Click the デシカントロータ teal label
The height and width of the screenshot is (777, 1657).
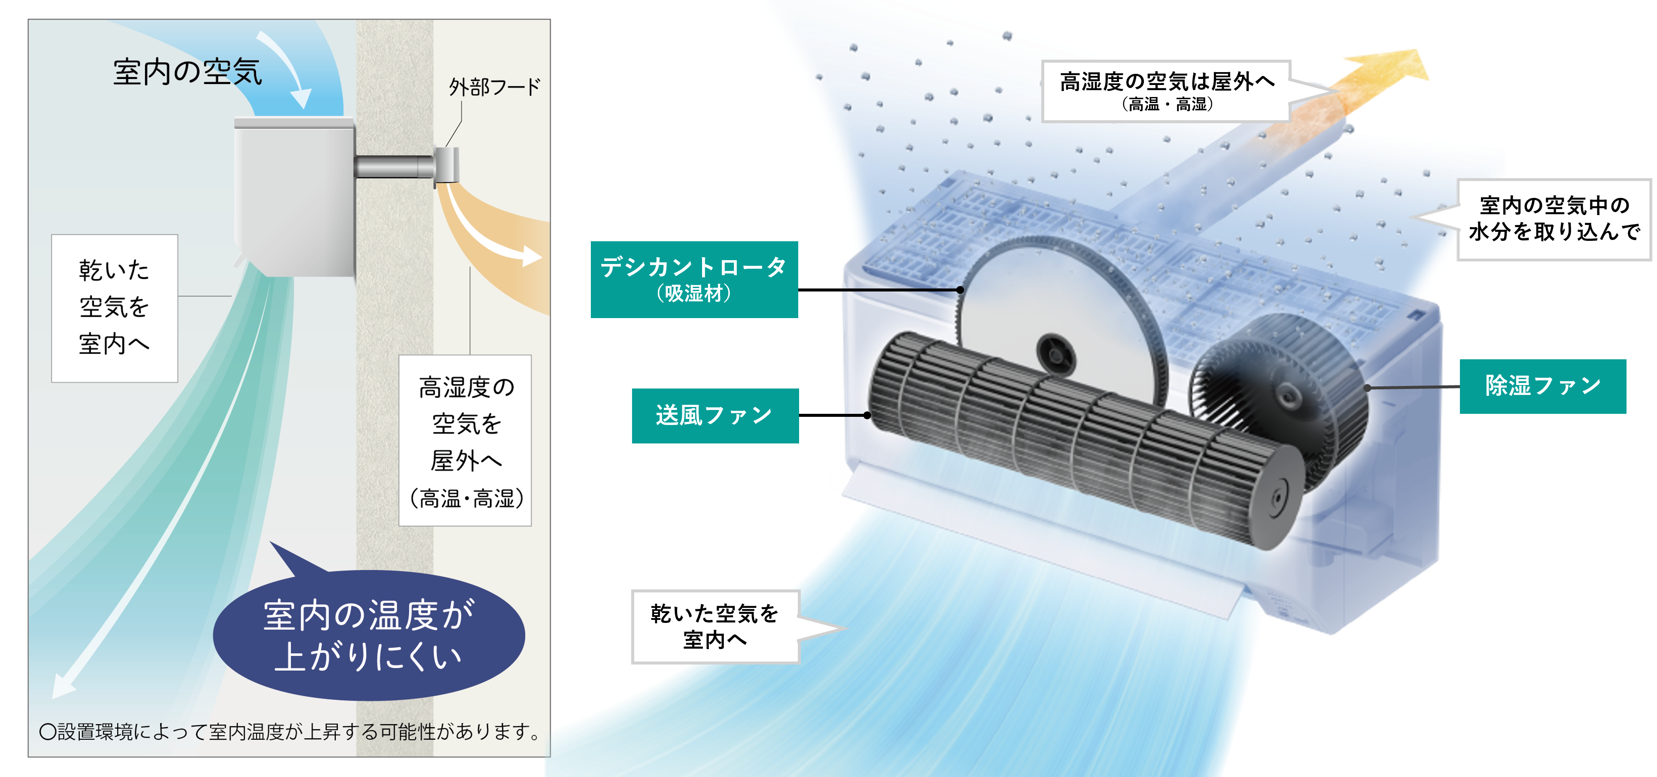click(694, 279)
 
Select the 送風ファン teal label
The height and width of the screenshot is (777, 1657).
click(714, 416)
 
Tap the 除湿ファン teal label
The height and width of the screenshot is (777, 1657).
click(1542, 386)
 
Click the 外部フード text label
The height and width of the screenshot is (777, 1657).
click(494, 87)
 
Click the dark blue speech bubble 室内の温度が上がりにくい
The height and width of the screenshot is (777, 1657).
click(368, 635)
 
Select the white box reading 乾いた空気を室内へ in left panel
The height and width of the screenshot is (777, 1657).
click(115, 308)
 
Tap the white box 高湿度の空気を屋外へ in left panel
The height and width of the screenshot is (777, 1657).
click(466, 440)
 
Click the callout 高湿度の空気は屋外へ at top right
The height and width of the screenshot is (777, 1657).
click(1165, 91)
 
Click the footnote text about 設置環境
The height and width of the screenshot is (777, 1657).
click(289, 731)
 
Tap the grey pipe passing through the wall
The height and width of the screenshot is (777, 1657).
click(393, 167)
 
